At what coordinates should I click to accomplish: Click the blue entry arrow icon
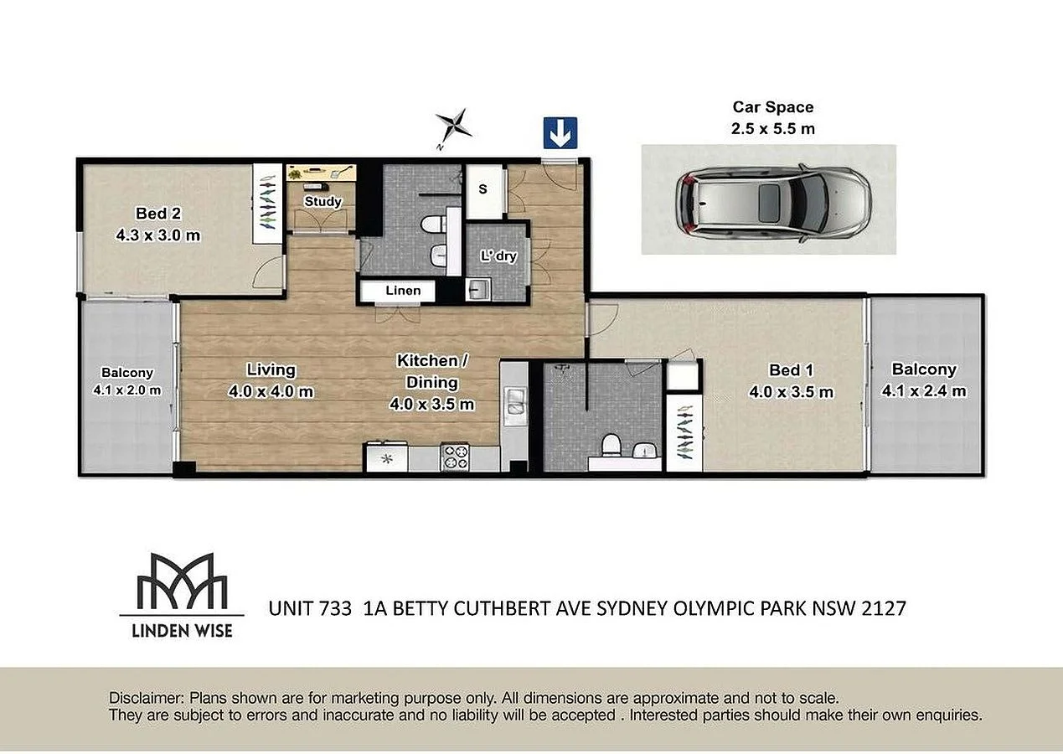point(560,132)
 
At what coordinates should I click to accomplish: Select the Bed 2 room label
point(157,213)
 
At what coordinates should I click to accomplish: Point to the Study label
point(323,202)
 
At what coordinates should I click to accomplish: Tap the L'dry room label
point(498,256)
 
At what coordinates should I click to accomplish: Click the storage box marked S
point(482,189)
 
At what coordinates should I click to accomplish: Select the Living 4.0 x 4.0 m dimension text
point(271,391)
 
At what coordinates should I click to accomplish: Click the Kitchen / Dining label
point(432,371)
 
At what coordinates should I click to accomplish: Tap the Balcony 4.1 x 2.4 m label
point(923,380)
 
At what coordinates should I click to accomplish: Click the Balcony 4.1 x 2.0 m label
point(126,381)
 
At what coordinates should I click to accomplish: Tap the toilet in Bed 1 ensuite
point(611,443)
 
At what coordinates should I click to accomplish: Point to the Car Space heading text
point(772,107)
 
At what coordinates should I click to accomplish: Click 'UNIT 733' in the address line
point(309,609)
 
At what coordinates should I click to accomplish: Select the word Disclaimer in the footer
point(146,698)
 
